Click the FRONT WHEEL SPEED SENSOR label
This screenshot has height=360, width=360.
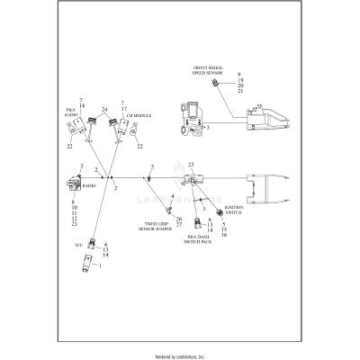pyautogui.click(x=209, y=71)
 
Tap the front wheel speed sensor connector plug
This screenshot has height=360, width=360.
pyautogui.click(x=215, y=84)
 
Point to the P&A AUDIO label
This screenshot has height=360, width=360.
pyautogui.click(x=72, y=113)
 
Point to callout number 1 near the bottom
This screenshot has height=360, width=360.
pyautogui.click(x=99, y=266)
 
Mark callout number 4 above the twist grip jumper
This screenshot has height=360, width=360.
pyautogui.click(x=172, y=196)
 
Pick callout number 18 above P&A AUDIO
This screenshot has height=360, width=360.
pyautogui.click(x=82, y=106)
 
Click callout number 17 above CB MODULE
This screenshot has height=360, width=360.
pyautogui.click(x=122, y=109)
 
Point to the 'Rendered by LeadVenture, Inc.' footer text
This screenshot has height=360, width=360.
pyautogui.click(x=180, y=355)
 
